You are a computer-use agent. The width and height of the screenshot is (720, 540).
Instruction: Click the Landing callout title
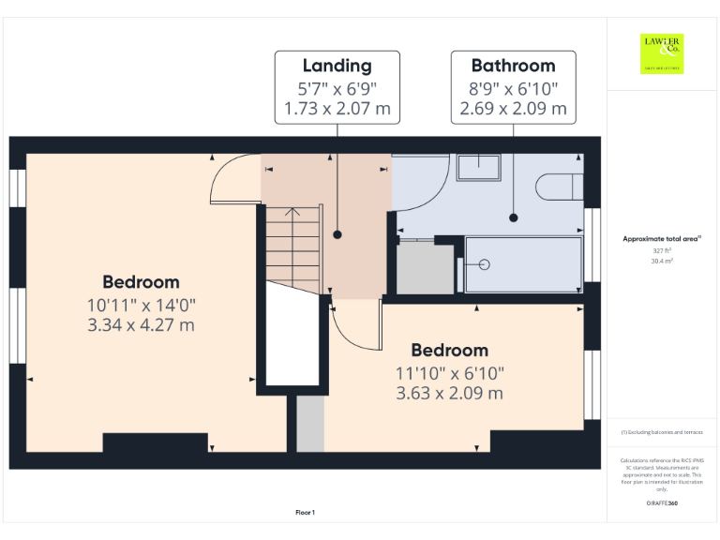pos(337,66)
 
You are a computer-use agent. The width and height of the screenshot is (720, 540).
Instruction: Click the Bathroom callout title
pos(513,66)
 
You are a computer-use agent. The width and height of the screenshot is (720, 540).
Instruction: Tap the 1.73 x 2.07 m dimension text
pos(337,110)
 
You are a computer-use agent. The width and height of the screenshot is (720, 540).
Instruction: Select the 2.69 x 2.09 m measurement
pos(513,110)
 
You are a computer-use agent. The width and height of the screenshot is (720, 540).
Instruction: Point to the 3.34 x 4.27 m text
pos(141,325)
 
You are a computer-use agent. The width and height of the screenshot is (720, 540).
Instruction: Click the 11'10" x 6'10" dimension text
pos(449,372)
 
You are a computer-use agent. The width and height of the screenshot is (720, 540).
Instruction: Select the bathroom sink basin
pos(478,168)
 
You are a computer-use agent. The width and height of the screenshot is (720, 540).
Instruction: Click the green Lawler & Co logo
pos(662,53)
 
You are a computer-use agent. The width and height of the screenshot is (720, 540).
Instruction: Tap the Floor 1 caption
pos(305,512)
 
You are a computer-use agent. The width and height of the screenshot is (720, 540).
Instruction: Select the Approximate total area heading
pos(662,240)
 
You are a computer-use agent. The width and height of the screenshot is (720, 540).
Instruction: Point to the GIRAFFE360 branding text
pos(662,504)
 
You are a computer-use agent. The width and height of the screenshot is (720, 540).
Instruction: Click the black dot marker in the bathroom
pos(514,217)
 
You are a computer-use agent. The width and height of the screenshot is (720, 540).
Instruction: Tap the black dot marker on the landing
pos(337,234)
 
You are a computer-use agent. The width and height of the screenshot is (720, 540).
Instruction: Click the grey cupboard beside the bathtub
pos(426,268)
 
